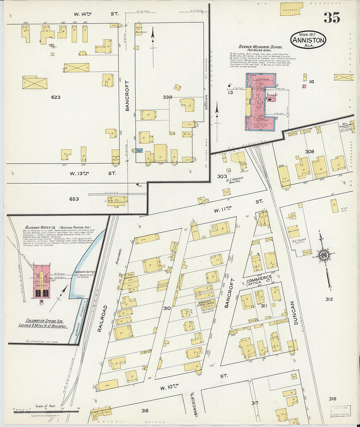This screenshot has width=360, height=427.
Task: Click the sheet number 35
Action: [x=332, y=18]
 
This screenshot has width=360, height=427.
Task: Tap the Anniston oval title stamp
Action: [x=308, y=40]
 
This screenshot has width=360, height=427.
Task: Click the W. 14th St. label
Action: [x=95, y=14]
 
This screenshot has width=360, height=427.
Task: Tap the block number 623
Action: [x=56, y=97]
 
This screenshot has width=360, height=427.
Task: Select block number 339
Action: [x=167, y=97]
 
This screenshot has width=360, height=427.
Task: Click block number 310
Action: [x=167, y=308]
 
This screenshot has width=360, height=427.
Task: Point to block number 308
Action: [x=309, y=151]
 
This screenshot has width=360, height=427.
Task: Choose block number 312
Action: [x=329, y=299]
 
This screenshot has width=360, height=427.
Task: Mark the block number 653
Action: [x=74, y=199]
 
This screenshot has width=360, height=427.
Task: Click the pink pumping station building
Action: [x=41, y=281]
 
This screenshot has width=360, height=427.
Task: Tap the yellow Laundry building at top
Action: [x=291, y=9]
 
